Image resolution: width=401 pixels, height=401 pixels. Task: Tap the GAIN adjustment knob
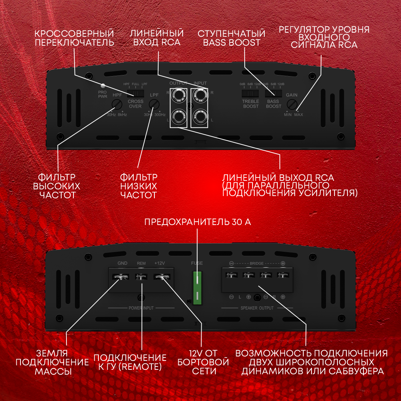(x=292, y=104)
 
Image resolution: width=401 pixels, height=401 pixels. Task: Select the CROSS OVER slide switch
(x=136, y=93)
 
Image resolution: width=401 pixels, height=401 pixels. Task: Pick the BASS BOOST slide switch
(x=273, y=93)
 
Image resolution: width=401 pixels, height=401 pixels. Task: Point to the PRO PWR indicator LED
(x=103, y=86)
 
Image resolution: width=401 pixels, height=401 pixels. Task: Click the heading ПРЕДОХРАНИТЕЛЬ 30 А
(x=198, y=222)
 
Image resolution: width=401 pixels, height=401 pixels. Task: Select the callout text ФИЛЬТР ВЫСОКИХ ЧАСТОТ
(x=56, y=186)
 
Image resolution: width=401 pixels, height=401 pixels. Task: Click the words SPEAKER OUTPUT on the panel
(x=257, y=308)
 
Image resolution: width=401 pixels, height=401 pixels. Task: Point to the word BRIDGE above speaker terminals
(x=257, y=263)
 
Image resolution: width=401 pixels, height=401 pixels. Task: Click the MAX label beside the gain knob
(x=299, y=115)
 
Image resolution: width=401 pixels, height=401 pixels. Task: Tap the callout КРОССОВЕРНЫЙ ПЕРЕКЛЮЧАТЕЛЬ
(x=74, y=38)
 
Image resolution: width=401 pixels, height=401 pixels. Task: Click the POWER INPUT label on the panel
(x=141, y=308)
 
